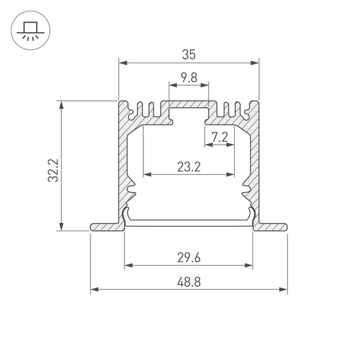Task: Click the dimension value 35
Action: (x=188, y=55)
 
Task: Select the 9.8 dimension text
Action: (x=188, y=78)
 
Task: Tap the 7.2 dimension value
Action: (x=220, y=136)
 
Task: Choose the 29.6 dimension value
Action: (x=188, y=258)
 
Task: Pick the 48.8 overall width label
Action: (x=188, y=282)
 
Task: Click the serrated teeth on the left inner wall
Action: (x=131, y=186)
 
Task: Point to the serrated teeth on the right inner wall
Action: (x=247, y=186)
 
